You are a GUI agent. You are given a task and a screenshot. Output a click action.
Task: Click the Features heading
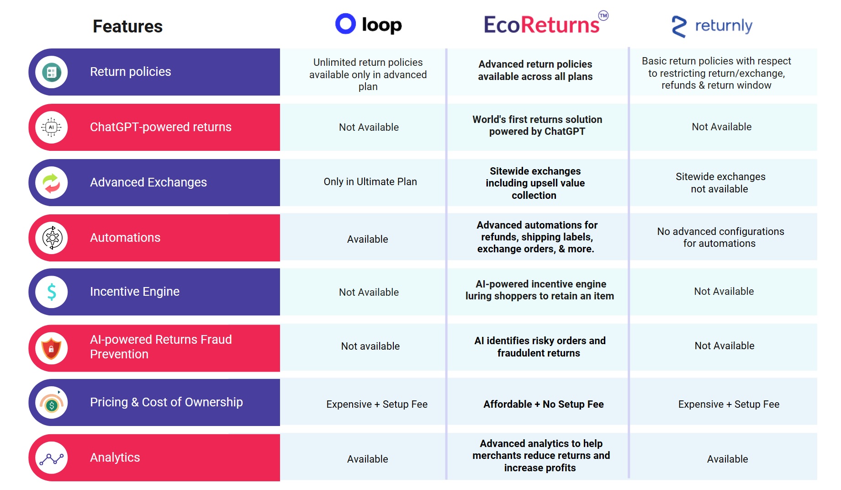point(127,27)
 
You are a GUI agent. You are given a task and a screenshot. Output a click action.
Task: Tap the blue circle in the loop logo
point(345,24)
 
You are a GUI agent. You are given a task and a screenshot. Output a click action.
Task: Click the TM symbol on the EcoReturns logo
point(603,16)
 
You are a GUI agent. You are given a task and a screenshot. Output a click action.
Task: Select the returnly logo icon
point(679,27)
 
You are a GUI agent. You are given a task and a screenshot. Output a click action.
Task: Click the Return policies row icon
point(52,72)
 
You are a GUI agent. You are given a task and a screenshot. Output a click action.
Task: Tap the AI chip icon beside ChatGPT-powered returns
point(52,128)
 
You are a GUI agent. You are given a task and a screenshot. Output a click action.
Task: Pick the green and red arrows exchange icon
point(52,183)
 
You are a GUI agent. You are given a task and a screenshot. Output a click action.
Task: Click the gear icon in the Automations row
point(52,238)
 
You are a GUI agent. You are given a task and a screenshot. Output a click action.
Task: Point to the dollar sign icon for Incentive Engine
point(52,292)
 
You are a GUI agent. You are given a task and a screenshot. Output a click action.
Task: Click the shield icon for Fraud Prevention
point(52,348)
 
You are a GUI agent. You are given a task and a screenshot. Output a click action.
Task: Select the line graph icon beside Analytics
point(52,458)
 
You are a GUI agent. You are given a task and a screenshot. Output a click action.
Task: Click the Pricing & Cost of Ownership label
point(166,402)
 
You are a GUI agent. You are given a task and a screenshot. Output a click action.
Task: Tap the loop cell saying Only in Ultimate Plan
point(370,182)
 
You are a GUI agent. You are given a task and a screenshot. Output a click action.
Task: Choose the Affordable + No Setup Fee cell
point(543,405)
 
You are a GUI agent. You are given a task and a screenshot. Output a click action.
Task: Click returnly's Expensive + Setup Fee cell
point(729,405)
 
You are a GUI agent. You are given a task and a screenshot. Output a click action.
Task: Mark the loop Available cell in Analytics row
point(367,459)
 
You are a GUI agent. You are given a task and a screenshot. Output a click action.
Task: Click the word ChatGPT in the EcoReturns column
point(565,132)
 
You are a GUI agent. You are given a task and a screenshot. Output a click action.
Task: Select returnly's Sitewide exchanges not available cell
point(720,183)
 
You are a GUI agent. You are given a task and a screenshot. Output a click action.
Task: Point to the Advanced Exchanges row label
point(148,182)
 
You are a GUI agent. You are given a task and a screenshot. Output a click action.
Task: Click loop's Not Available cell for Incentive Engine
point(369,293)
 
